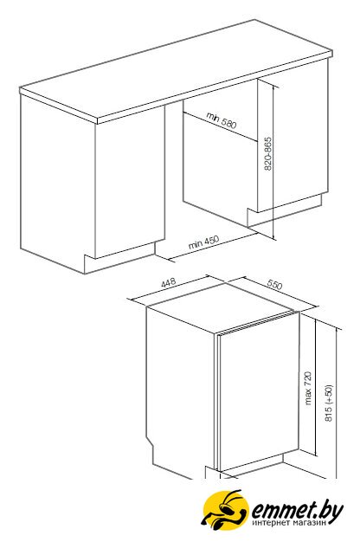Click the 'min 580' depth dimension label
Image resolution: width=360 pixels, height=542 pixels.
click(x=222, y=120)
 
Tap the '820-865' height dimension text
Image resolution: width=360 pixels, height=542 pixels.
click(x=268, y=154)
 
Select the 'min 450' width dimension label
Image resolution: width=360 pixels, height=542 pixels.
click(x=204, y=242)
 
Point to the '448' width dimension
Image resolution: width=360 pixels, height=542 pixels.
click(x=169, y=282)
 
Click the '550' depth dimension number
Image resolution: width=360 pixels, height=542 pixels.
click(x=274, y=285)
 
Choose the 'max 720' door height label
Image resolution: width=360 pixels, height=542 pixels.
click(x=308, y=388)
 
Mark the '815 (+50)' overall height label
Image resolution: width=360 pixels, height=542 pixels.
click(x=329, y=403)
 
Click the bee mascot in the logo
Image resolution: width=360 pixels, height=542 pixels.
click(x=225, y=509)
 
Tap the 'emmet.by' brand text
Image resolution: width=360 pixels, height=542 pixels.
click(x=298, y=511)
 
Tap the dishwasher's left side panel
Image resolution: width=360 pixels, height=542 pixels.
click(x=181, y=391)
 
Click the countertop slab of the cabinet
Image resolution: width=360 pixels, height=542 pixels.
click(x=177, y=69)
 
